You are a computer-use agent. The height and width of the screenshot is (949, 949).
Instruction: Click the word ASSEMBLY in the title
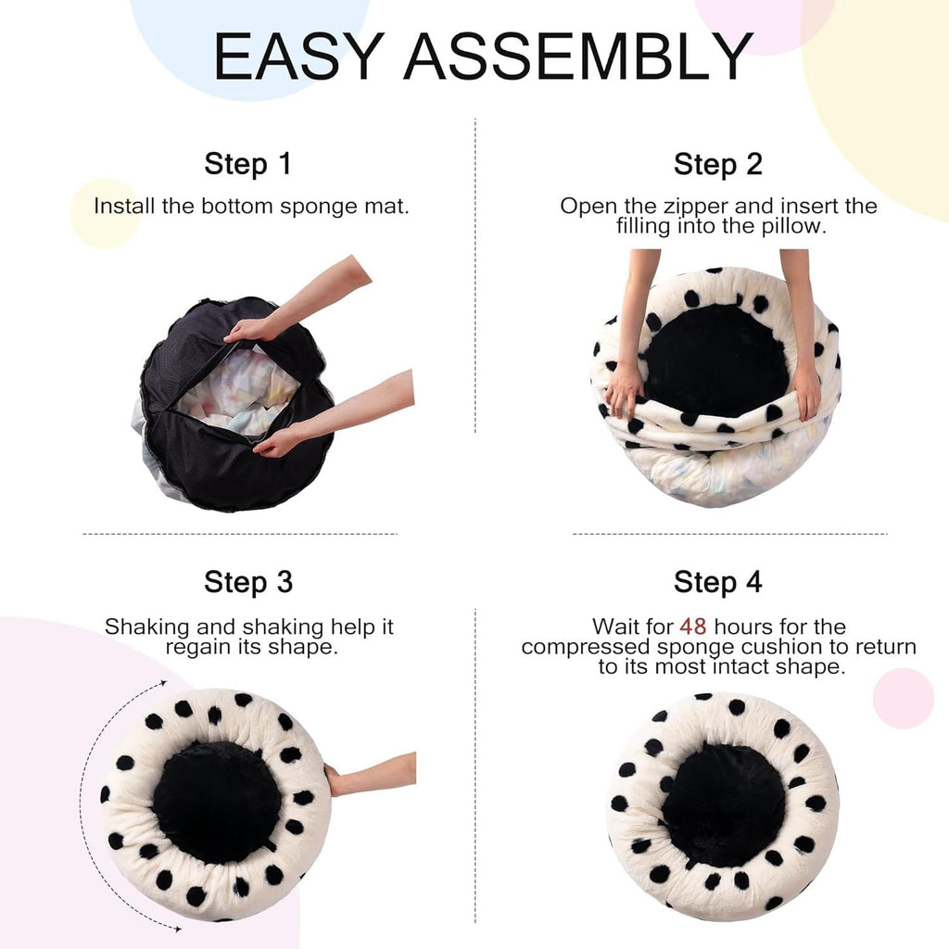coord(578,57)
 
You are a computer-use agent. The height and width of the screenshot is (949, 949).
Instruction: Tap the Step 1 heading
coord(247,164)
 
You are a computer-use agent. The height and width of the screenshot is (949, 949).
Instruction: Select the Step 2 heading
coord(717,164)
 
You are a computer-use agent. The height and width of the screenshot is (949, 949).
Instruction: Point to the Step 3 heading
coord(247,582)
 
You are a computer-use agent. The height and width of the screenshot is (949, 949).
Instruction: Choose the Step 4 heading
coord(717,582)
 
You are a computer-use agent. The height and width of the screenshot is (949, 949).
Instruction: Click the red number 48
coord(692,627)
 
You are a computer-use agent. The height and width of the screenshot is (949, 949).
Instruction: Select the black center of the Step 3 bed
coord(216,802)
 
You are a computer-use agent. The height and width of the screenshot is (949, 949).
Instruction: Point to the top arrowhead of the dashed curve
coord(163,683)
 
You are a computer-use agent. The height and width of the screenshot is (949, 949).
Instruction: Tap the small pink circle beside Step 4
coord(903,698)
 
